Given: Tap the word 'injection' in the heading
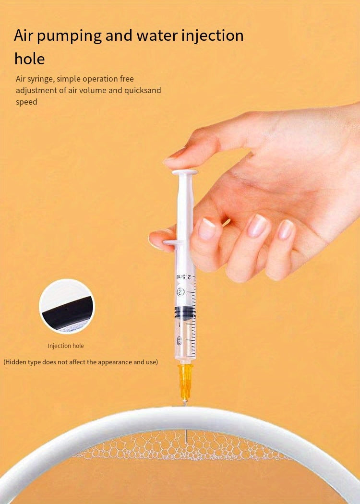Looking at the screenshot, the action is [x=213, y=36].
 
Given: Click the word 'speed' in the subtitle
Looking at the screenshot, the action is [x=27, y=102].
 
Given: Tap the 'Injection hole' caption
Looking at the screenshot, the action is [x=66, y=346].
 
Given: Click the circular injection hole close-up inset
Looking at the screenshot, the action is [x=67, y=306].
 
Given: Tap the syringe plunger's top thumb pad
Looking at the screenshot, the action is [x=185, y=172].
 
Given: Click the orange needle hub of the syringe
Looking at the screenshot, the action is [x=185, y=382].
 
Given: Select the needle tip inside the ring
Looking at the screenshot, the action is [x=186, y=444].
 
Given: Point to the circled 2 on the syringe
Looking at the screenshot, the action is [x=180, y=291].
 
